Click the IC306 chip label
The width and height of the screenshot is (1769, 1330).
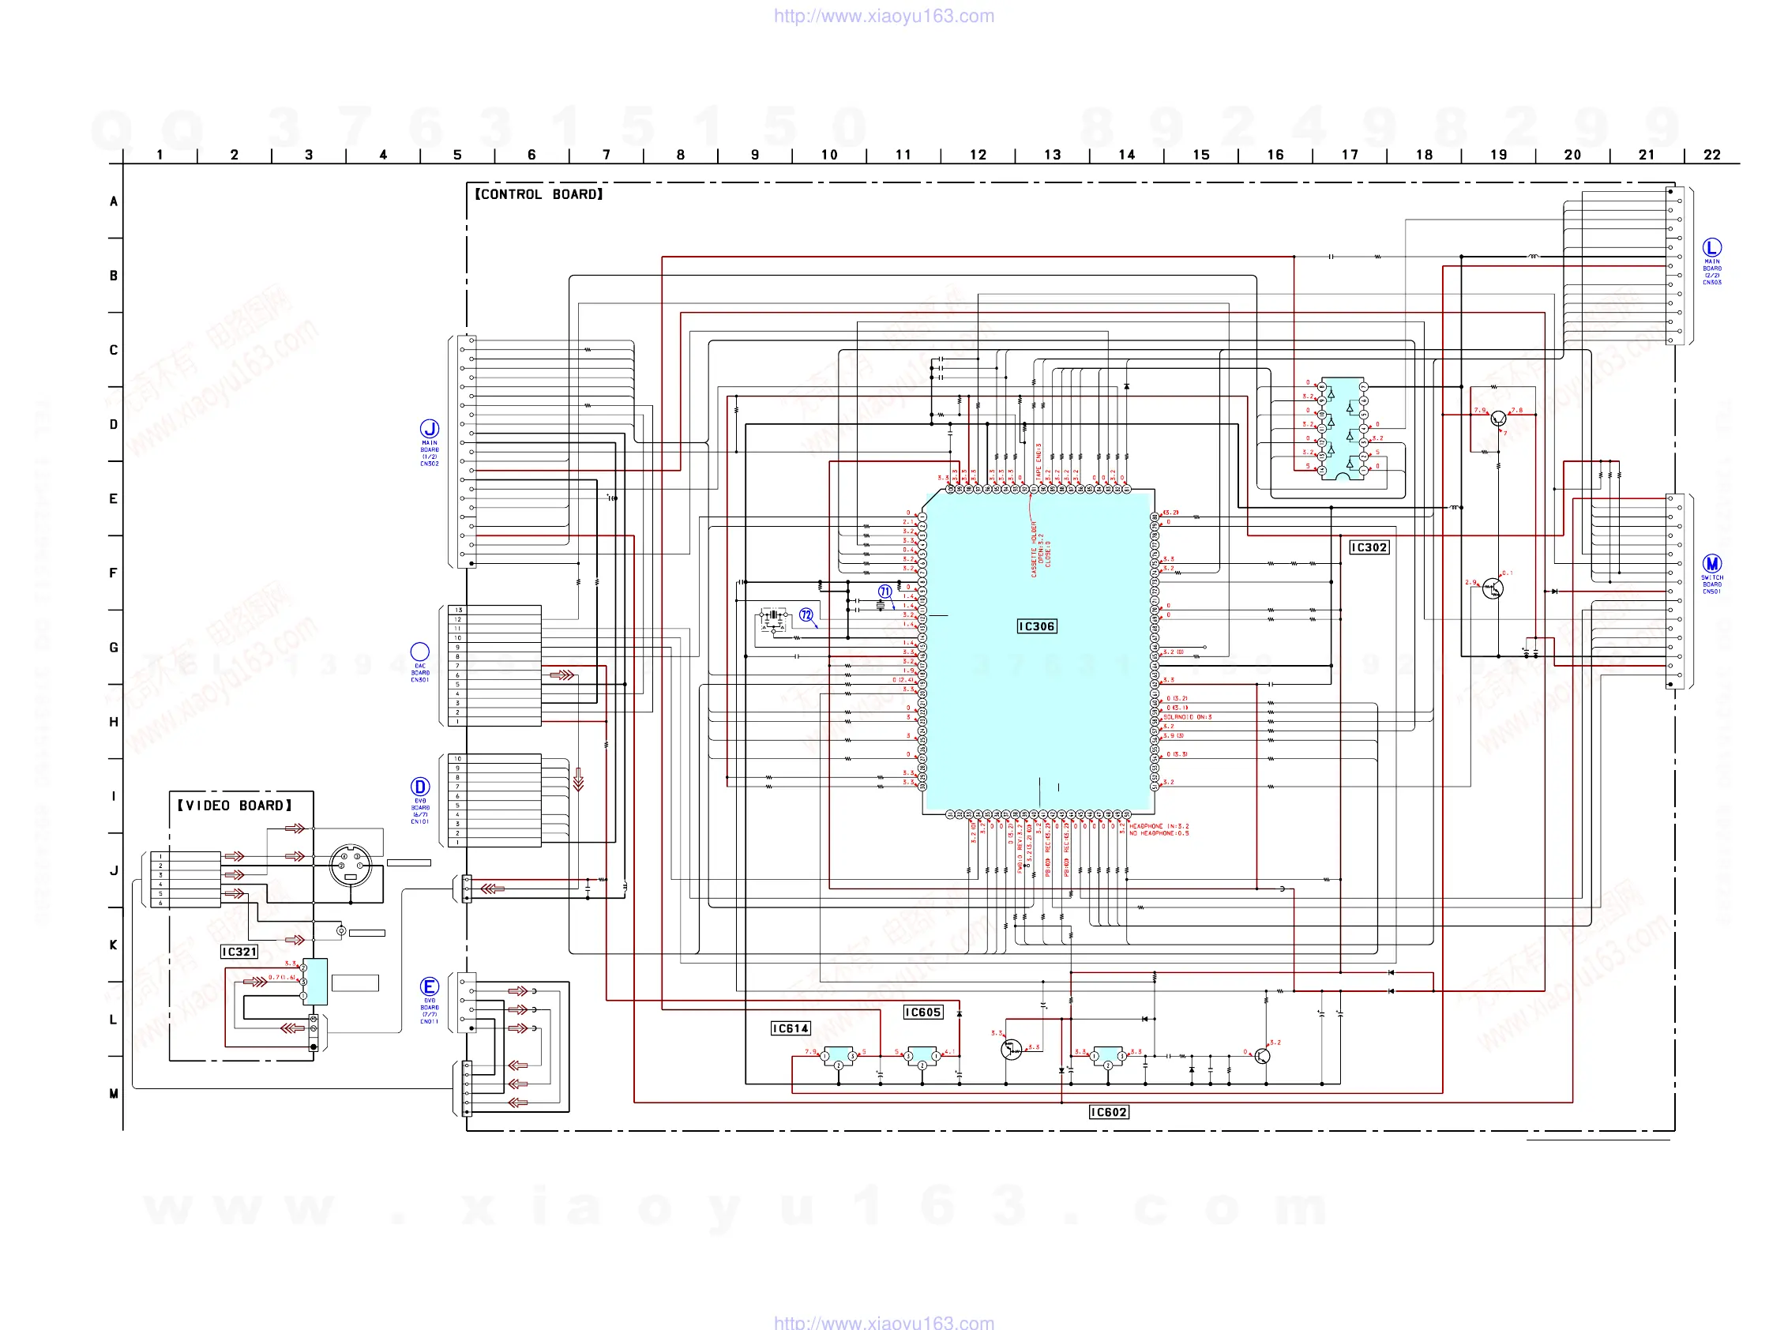coord(1036,626)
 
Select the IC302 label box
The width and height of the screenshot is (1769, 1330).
coord(1369,548)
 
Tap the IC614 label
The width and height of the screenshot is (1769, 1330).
coord(791,1028)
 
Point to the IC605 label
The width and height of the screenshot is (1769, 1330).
coord(923,1013)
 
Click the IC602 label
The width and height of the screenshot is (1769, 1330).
coord(1109,1113)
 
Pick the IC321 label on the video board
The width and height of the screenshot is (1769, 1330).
coord(239,952)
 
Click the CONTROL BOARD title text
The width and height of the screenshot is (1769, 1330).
coord(539,194)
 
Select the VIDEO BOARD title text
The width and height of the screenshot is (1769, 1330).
coord(235,806)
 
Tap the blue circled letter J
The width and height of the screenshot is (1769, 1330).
coord(430,430)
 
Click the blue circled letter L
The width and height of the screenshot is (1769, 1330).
coord(1711,247)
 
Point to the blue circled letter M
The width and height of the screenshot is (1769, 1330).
coord(1711,564)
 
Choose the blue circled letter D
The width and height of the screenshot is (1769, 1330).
coord(420,787)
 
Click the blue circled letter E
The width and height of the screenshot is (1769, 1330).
coord(430,987)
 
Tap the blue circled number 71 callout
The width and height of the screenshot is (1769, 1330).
coord(884,592)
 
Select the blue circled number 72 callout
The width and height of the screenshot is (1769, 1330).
coord(806,615)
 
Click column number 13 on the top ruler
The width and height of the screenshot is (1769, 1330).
coord(1053,155)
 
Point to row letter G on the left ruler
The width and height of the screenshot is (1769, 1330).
coord(114,648)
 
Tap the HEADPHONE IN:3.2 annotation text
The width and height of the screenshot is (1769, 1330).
coord(1159,826)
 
